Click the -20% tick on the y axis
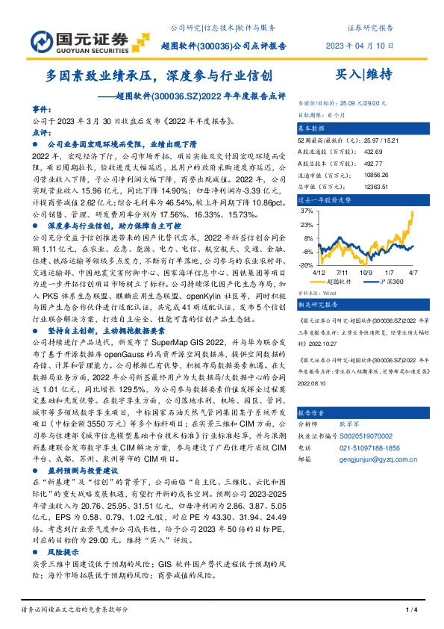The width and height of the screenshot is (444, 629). tap(306, 264)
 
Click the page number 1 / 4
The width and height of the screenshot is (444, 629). tap(410, 610)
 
